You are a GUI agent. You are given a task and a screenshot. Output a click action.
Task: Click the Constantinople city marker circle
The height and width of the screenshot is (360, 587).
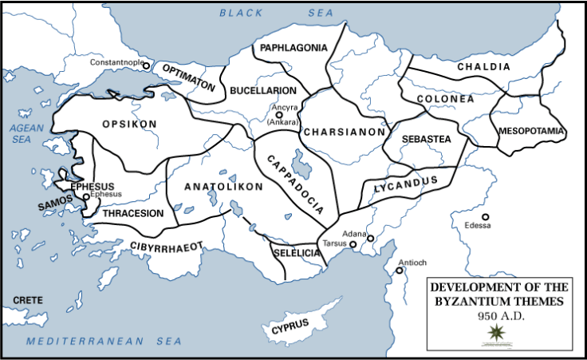coord(146,66)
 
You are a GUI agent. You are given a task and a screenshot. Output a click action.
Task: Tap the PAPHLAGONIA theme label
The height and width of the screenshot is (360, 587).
coord(293,48)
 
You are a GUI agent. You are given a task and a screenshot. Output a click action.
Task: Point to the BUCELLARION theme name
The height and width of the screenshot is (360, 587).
coord(263,91)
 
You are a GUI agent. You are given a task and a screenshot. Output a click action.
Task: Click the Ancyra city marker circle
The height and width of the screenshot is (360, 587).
coord(279,115)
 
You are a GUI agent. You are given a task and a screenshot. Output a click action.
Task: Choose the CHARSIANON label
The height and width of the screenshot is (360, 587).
coord(345,132)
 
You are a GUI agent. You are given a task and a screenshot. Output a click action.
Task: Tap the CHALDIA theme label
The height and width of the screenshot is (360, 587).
coord(483,67)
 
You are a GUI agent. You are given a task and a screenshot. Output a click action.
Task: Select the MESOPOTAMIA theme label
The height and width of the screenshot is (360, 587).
coord(531,130)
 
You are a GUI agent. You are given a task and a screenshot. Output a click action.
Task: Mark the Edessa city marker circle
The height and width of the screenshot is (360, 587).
coord(485,216)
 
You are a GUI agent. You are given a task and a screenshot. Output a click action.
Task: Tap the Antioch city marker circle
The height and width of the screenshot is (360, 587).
coord(400,271)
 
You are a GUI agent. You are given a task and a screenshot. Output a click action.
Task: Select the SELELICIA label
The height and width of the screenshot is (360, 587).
coord(296,252)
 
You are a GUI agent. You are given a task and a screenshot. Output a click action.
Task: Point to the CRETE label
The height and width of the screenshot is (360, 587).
coord(28,300)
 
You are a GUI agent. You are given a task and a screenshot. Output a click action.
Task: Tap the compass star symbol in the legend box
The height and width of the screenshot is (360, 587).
coord(501,332)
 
